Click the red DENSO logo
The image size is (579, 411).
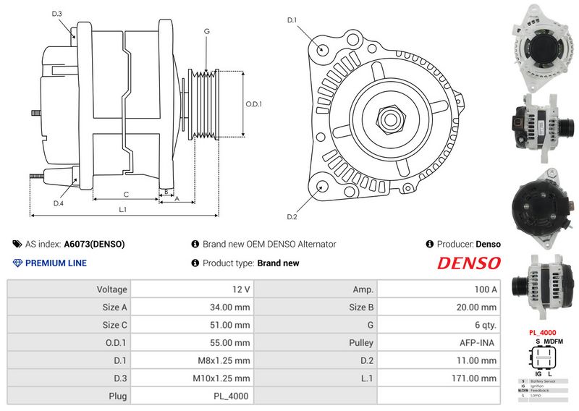click(x=468, y=263)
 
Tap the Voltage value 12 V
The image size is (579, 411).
click(x=241, y=289)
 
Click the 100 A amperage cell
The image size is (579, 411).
click(x=485, y=289)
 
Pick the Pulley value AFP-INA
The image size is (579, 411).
click(x=480, y=342)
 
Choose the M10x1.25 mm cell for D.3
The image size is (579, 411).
click(x=221, y=378)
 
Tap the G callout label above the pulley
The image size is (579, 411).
click(x=207, y=31)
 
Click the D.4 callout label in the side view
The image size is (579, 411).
click(x=59, y=203)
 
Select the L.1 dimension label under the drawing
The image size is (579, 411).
click(x=123, y=210)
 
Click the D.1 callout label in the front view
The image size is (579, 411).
click(x=292, y=20)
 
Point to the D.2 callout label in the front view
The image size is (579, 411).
click(x=292, y=216)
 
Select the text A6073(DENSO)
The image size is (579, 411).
click(x=95, y=245)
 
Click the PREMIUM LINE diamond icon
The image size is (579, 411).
click(x=17, y=263)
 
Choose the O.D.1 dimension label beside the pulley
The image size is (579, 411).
click(x=253, y=104)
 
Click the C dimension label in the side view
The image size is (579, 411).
click(x=125, y=194)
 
